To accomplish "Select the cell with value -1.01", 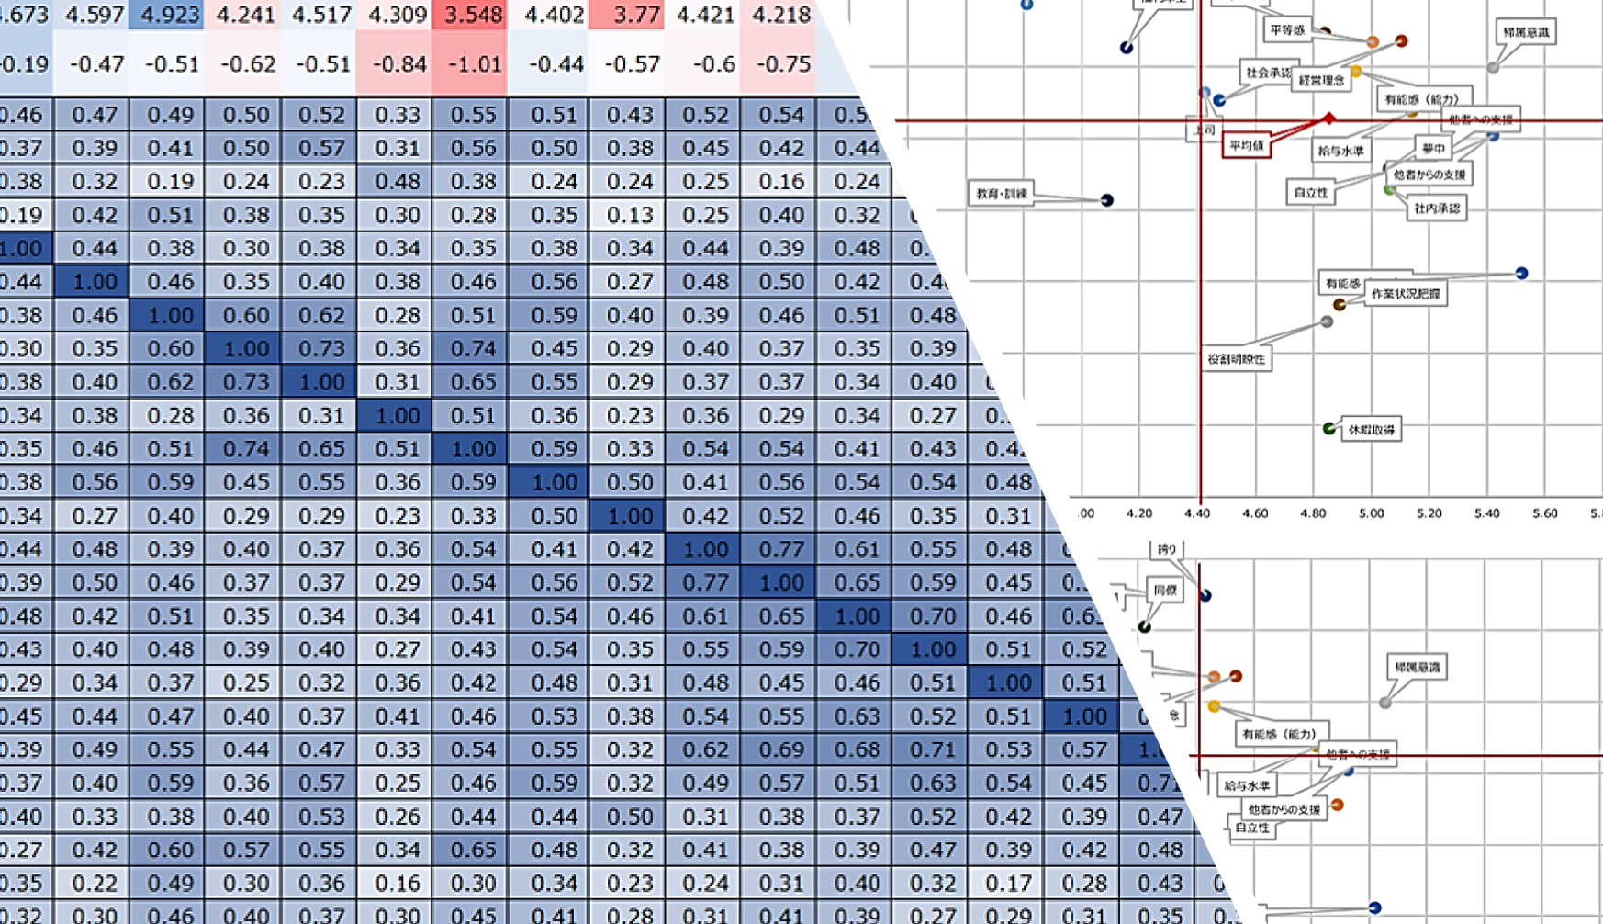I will tap(469, 64).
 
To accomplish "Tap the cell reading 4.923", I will tap(169, 15).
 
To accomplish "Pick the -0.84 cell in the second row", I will tap(395, 64).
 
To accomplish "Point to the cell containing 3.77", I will tap(627, 15).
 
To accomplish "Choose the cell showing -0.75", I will tap(779, 64).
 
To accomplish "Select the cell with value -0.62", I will tap(244, 64).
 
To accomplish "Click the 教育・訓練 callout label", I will tap(1002, 194).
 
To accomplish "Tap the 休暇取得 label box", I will tap(1372, 430).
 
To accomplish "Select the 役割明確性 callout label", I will tap(1236, 359).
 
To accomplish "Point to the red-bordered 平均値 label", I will tap(1247, 145).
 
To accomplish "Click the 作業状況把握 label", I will tap(1405, 294).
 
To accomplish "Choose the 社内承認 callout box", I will tap(1437, 208).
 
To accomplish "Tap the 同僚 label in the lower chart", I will tap(1165, 591).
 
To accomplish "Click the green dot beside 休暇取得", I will tap(1328, 429).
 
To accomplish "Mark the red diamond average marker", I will tap(1328, 118).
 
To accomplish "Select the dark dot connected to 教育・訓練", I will tap(1107, 200).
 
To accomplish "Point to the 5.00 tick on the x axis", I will tap(1371, 513).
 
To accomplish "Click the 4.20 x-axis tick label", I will tap(1138, 513).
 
